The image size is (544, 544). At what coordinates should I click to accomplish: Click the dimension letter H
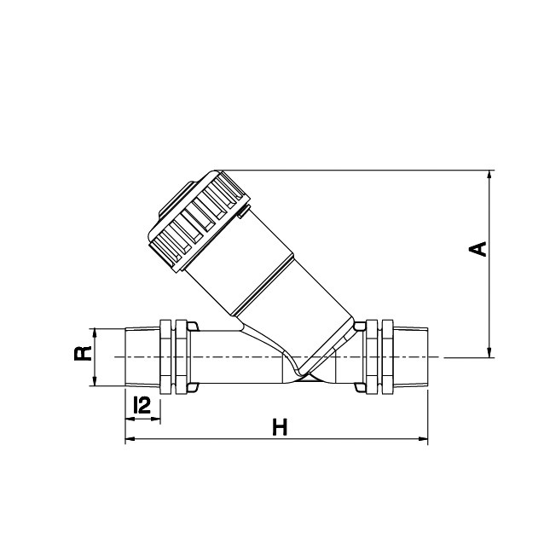tap(280, 427)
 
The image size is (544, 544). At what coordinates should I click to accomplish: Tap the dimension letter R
tap(83, 353)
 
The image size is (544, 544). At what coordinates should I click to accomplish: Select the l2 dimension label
tap(142, 405)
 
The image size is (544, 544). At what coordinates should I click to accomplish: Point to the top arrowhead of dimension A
tap(489, 175)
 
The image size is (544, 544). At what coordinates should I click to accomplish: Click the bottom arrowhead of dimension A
tap(489, 352)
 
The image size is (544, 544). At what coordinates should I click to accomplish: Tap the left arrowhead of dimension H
tap(130, 439)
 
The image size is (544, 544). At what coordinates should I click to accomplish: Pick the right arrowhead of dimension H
tap(423, 439)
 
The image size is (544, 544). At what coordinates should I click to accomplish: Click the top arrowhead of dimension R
tap(95, 333)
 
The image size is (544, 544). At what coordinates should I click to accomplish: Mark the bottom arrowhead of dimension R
tap(95, 380)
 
